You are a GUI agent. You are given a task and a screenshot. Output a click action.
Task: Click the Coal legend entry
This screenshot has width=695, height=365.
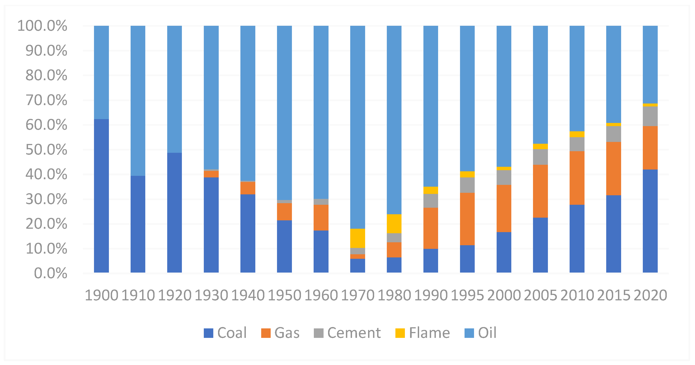point(225,333)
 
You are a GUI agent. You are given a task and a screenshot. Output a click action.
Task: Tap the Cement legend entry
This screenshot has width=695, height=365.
point(347,333)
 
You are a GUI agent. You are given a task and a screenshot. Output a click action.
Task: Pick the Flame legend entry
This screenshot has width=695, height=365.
point(423,333)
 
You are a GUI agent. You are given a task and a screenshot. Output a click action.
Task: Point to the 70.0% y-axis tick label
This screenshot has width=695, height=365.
point(46,100)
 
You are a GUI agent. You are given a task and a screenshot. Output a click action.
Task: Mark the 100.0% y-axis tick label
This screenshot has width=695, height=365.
point(42,26)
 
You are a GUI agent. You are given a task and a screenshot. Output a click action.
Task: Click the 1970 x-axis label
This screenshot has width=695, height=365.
point(357,295)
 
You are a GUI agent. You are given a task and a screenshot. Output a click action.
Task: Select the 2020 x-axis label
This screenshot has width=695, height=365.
point(650,295)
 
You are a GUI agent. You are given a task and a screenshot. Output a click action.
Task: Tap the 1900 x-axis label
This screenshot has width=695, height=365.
point(101,295)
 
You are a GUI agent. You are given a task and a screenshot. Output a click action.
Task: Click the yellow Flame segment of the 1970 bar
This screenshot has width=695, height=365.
point(357,238)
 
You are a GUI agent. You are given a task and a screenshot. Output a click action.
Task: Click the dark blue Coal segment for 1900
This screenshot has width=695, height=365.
point(101,196)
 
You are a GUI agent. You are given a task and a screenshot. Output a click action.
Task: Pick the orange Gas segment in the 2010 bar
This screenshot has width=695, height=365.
point(577,178)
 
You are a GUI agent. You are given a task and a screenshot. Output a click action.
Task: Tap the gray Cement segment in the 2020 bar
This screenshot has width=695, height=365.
point(650,116)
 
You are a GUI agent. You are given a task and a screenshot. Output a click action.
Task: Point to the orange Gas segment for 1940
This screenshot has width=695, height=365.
point(248,188)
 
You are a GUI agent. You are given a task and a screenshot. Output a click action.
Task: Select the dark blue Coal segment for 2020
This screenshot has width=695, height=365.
point(650,221)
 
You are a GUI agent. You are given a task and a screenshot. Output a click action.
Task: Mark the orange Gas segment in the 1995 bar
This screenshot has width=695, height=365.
point(467,219)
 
